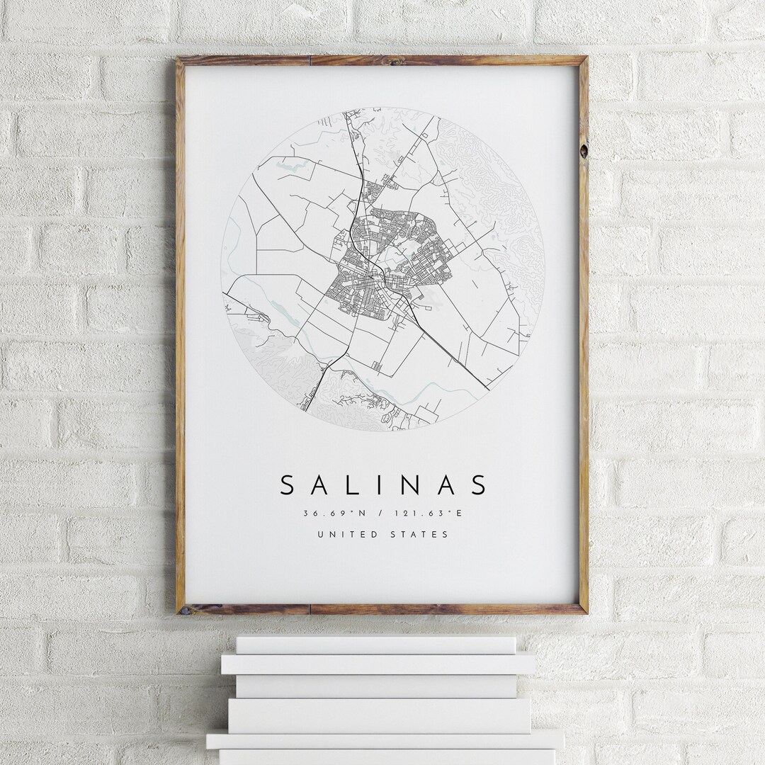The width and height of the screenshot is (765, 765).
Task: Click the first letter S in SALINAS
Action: (288, 485)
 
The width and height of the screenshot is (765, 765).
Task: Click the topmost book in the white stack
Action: (375, 644)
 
